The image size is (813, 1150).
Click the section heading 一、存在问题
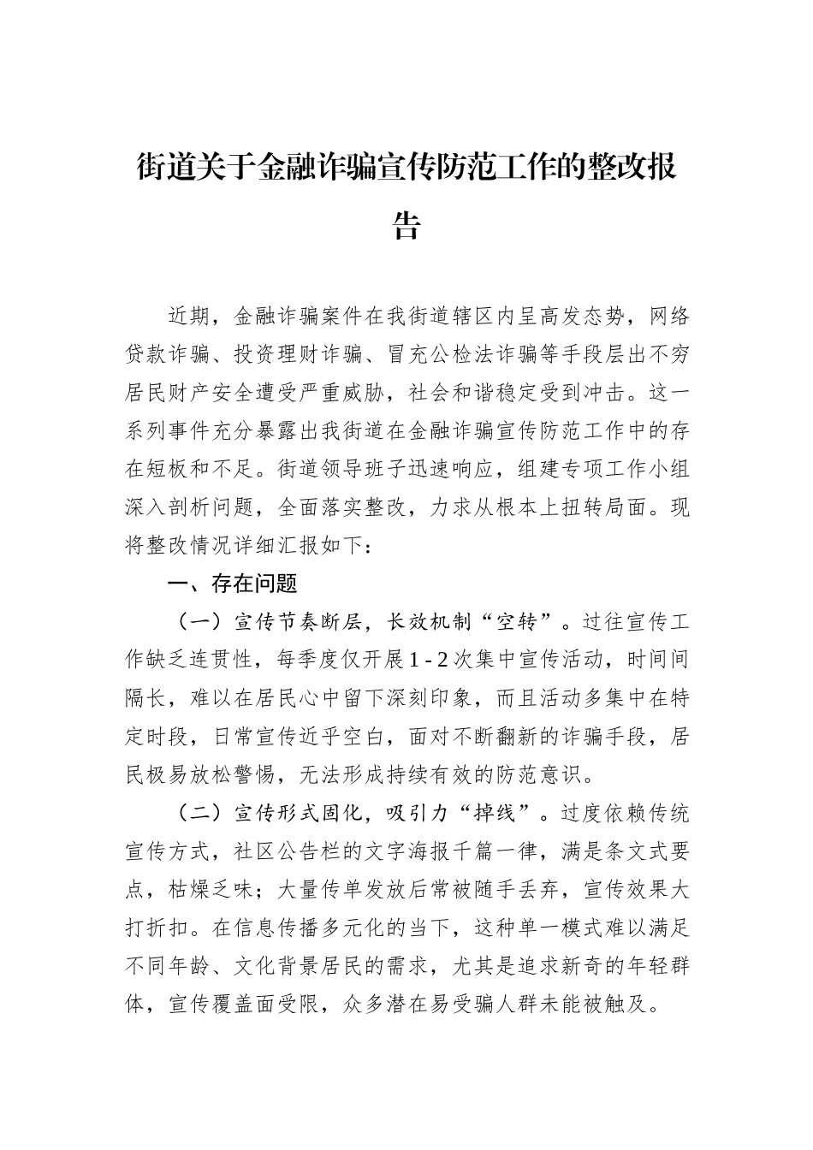[x=232, y=584]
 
